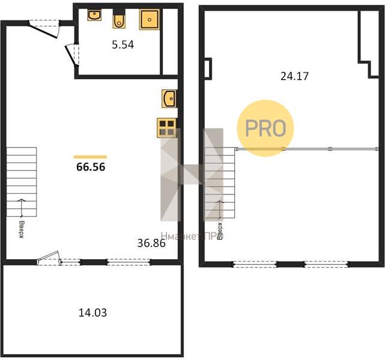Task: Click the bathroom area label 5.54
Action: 123,44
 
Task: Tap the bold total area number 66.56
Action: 91,167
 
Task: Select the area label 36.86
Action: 151,243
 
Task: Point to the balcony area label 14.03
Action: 92,313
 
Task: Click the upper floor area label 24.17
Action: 294,76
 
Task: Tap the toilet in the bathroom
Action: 119,19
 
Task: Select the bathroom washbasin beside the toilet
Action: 94,15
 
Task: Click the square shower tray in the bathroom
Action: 150,19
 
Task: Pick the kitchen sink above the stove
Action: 169,98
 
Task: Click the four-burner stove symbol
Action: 167,128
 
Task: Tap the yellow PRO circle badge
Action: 265,128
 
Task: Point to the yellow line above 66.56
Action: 90,157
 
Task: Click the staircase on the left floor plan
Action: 22,182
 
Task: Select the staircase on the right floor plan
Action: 220,182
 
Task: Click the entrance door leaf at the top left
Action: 43,31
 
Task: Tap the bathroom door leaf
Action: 70,55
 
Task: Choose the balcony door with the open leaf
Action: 48,259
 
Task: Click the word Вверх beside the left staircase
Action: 22,229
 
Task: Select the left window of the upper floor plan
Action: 255,264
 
